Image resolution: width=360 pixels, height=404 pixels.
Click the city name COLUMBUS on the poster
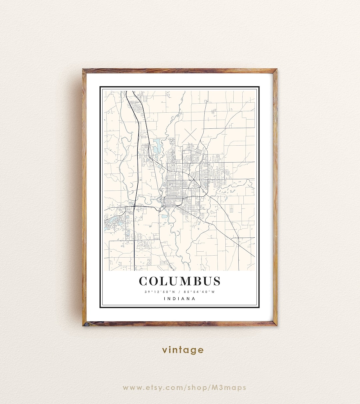tap(180, 281)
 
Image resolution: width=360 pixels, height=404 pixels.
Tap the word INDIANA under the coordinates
tap(180, 299)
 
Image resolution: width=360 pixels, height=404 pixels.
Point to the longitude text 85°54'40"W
tap(199, 292)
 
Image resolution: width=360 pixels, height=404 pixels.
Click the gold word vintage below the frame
tap(183, 350)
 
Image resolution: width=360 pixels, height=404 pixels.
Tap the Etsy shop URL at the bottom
tap(184, 388)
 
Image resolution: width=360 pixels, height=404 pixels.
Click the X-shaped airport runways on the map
tap(190, 135)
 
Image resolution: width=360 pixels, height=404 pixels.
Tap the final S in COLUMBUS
tap(216, 281)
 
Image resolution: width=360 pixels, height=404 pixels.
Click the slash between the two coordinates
tap(179, 292)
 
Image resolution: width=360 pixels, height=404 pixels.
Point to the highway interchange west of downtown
tap(134, 207)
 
